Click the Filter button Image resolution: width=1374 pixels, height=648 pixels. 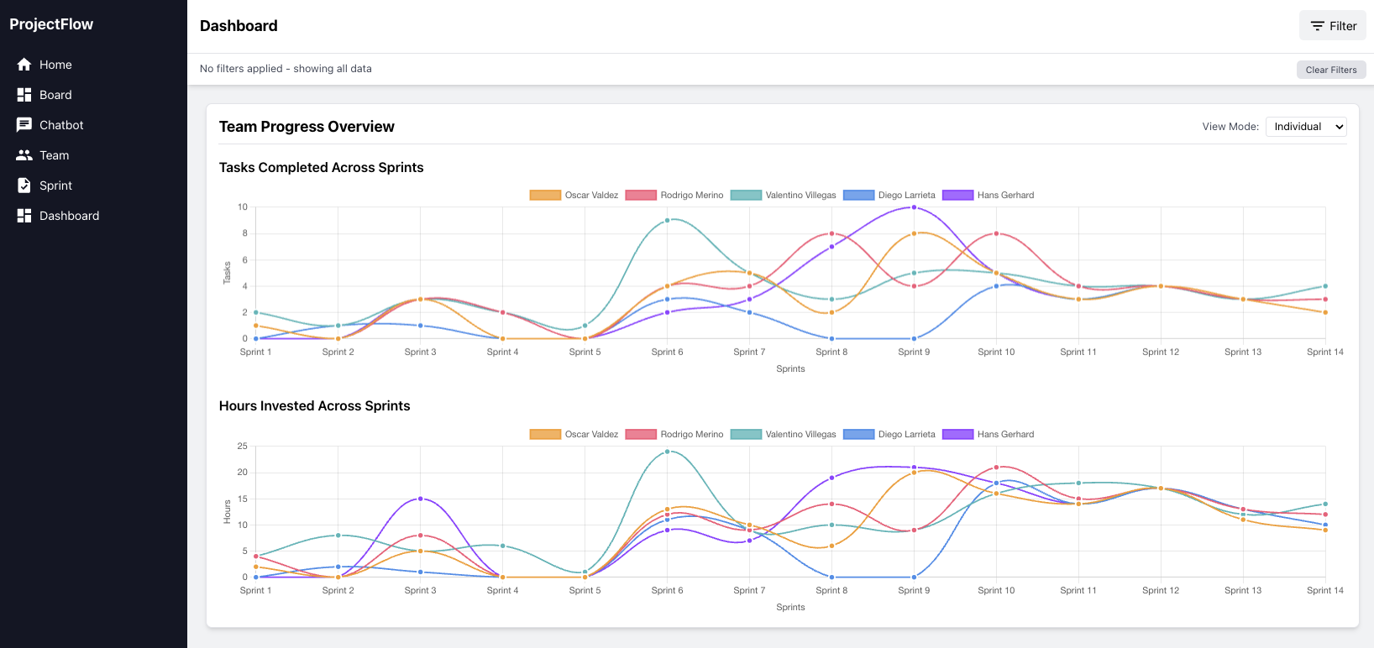click(1333, 26)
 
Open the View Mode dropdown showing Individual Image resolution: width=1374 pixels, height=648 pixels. click(1306, 127)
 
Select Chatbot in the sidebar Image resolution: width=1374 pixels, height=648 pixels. click(61, 125)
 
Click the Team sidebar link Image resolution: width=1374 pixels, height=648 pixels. click(54, 155)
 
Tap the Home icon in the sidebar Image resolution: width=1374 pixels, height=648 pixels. click(24, 65)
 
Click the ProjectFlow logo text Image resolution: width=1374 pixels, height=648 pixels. click(51, 24)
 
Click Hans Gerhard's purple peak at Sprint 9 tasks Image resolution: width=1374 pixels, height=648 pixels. click(914, 207)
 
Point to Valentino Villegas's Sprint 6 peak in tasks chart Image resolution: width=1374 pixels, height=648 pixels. click(668, 221)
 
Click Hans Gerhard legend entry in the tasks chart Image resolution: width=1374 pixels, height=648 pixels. click(989, 195)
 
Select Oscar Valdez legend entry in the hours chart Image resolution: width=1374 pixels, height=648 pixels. click(574, 434)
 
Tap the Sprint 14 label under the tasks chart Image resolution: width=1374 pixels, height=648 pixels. click(1324, 352)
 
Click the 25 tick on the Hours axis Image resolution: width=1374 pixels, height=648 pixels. click(242, 446)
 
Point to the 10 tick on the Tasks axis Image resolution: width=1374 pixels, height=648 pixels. click(243, 207)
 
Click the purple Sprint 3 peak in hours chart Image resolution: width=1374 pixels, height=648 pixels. click(421, 499)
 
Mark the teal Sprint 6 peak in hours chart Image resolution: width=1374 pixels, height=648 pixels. click(668, 452)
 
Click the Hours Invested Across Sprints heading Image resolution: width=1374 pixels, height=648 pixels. click(314, 405)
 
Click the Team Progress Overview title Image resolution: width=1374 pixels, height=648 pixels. click(307, 127)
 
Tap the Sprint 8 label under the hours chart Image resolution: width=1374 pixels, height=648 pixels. click(831, 590)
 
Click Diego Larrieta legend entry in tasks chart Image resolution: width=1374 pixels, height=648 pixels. click(889, 195)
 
